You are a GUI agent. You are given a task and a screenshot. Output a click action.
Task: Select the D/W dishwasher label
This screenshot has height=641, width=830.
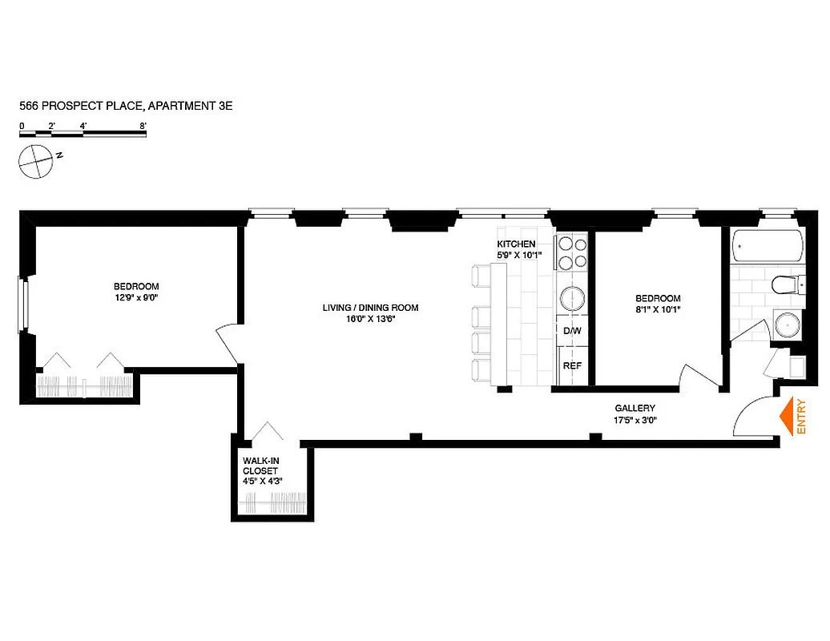572,331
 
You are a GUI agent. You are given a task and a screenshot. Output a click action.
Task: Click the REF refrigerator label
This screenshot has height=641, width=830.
572,365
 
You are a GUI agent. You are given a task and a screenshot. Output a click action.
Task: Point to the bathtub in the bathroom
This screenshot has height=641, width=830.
767,247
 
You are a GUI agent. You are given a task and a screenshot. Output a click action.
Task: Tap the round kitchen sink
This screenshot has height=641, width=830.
573,299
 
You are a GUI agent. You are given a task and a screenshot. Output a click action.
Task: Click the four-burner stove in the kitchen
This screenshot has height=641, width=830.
573,251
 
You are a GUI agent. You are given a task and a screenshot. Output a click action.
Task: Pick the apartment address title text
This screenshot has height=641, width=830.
126,105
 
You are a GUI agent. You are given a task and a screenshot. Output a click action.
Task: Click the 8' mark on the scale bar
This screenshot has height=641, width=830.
143,126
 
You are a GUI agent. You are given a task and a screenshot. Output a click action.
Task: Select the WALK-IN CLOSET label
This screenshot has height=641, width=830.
263,470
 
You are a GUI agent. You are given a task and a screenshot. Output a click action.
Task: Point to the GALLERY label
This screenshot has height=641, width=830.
635,409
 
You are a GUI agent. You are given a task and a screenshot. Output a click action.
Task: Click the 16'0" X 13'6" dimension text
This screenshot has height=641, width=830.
370,319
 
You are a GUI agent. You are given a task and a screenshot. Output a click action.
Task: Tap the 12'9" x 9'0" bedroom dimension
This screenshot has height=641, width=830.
136,298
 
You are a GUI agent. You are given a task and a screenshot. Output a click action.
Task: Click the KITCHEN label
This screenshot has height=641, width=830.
516,244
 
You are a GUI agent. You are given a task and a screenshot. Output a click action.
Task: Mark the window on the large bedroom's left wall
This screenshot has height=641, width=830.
24,304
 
